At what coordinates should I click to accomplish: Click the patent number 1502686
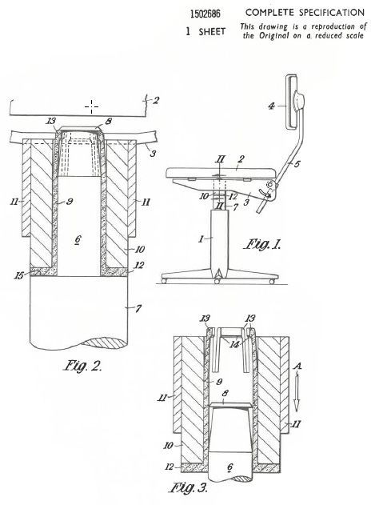click(x=205, y=14)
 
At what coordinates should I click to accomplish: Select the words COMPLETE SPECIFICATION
click(x=305, y=13)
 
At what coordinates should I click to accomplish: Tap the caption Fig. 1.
click(x=262, y=244)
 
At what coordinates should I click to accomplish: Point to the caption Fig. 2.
click(x=82, y=366)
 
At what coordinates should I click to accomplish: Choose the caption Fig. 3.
click(x=189, y=488)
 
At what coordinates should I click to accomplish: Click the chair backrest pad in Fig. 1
click(x=293, y=102)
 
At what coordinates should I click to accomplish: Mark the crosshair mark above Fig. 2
click(x=92, y=106)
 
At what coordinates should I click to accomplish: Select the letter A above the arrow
click(x=298, y=367)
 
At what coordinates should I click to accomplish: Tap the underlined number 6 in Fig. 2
click(x=78, y=239)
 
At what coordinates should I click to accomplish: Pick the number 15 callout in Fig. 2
click(x=19, y=275)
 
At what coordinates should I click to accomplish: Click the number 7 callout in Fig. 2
click(x=138, y=309)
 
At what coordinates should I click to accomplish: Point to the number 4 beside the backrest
click(x=272, y=106)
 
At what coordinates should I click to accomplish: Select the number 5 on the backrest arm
click(x=297, y=164)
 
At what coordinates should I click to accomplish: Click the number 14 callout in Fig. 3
click(x=234, y=344)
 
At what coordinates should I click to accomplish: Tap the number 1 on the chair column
click(x=201, y=238)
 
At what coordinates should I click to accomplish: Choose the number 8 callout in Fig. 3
click(x=225, y=393)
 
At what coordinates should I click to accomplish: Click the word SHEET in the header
click(x=212, y=31)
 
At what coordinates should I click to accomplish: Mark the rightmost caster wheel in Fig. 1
click(x=272, y=282)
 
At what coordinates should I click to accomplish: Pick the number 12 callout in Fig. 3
click(x=170, y=467)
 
